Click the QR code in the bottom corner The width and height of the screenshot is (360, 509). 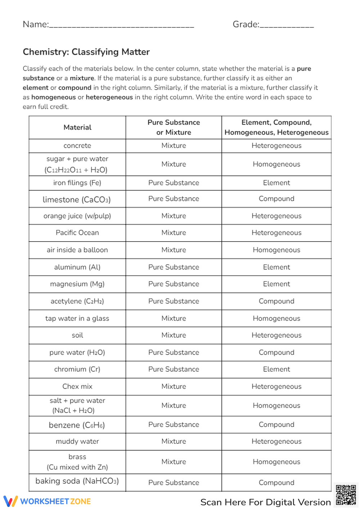pos(346,495)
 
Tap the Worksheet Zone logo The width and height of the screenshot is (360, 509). pos(47,501)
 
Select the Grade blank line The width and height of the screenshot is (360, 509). pos(287,25)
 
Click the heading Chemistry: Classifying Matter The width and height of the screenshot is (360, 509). pos(86,52)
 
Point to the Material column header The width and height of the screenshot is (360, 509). pos(77,127)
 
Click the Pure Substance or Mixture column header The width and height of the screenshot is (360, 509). pos(174,127)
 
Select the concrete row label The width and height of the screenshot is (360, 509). pos(77,146)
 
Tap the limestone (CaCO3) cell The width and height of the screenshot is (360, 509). pos(77,199)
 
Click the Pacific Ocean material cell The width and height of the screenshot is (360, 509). pos(77,233)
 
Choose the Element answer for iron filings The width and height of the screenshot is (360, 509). pos(276,183)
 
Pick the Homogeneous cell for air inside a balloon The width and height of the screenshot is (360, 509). pos(276,250)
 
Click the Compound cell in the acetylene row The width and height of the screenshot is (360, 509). pos(276,301)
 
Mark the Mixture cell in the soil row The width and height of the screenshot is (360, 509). pos(174,335)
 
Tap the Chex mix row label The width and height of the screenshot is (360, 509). pos(77,386)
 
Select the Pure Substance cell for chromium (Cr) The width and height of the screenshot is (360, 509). pos(174,369)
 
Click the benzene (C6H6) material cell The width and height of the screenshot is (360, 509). pos(77,425)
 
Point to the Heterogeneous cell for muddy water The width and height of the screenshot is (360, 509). pos(276,441)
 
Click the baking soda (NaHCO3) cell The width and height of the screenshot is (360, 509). pos(77,481)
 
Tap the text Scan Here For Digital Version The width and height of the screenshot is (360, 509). pos(265,502)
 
